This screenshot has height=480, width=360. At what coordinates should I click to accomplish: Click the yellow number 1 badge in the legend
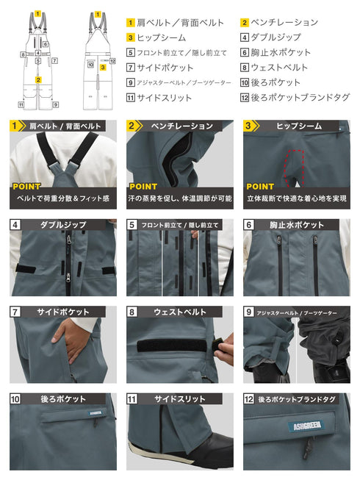131,22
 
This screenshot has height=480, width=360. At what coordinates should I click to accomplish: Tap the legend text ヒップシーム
161,37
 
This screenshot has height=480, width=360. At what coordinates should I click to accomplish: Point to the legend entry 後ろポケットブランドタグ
300,97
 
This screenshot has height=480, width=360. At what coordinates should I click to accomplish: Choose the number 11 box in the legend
131,97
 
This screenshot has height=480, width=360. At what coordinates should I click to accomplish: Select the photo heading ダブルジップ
64,224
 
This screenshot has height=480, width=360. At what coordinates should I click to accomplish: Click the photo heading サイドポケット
64,312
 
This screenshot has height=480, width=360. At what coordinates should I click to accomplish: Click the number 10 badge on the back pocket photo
15,399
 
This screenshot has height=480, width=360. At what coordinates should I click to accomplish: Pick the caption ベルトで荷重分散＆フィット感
63,198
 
